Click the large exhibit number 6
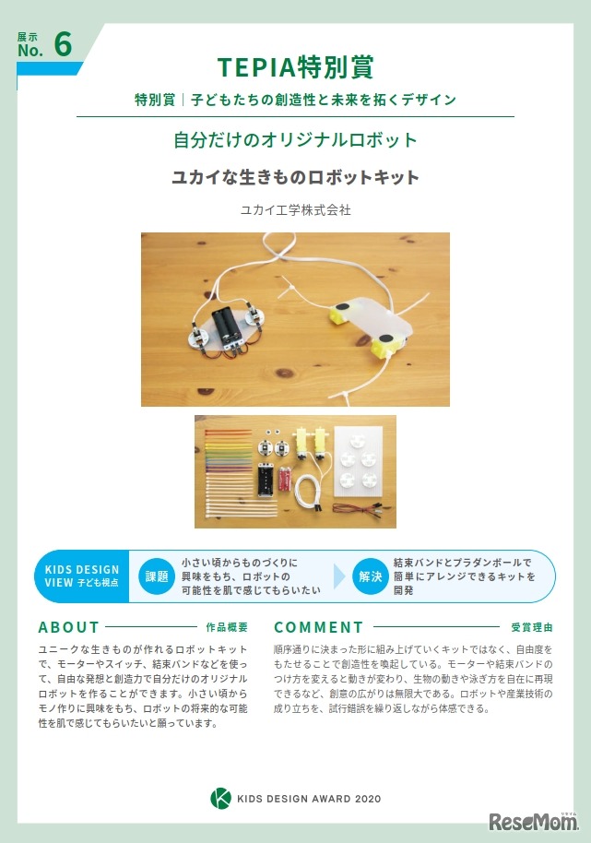point(63,44)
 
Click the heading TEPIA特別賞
point(295,67)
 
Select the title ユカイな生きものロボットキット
point(295,177)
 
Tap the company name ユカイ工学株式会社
point(295,209)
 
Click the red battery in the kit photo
point(284,480)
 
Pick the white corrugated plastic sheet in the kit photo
point(358,461)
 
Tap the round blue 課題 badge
point(157,576)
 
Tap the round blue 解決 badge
point(370,576)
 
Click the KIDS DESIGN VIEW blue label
point(82,576)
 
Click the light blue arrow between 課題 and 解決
point(339,576)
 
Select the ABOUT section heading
point(69,627)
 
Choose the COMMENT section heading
point(319,627)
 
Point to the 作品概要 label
point(227,627)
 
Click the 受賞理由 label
point(531,627)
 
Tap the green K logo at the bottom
point(221,799)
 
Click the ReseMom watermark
point(534,822)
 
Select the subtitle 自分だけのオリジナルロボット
point(295,140)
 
